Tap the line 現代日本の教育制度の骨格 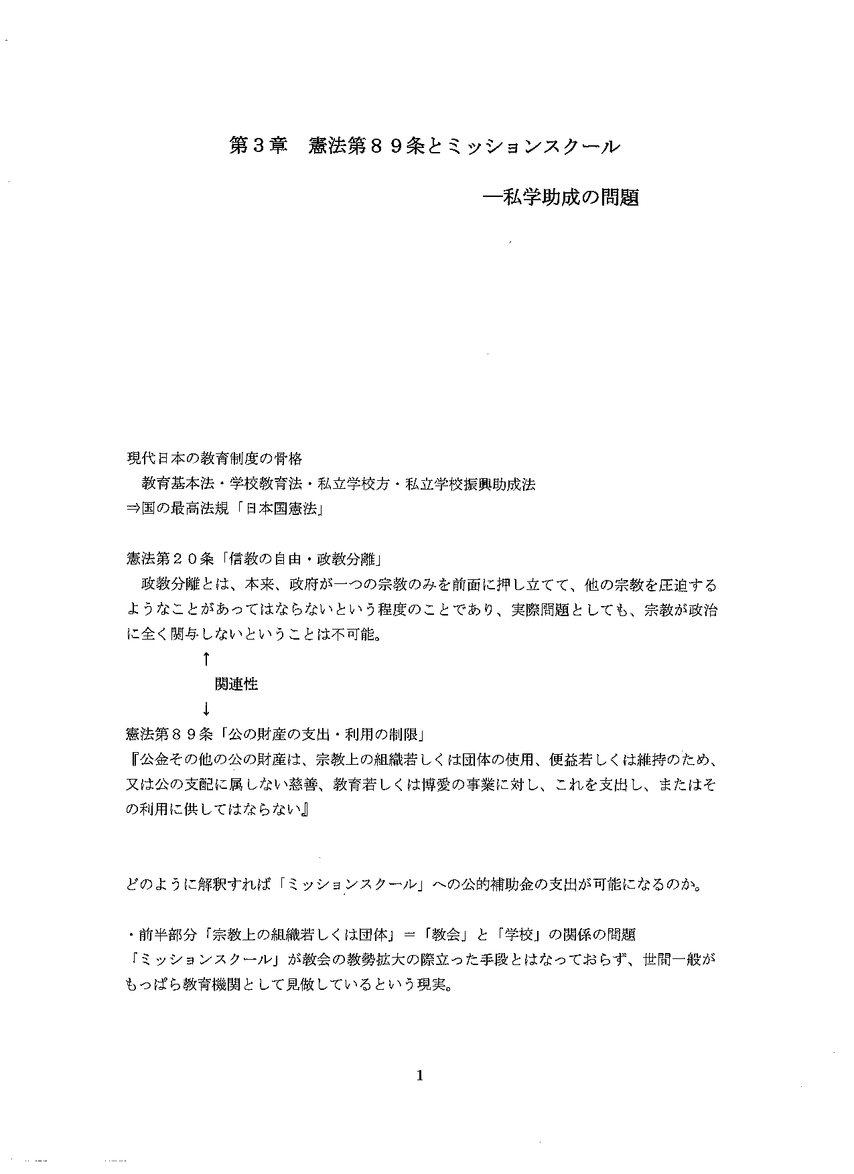[x=214, y=459]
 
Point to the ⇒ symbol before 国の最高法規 [x=133, y=509]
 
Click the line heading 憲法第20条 [x=169, y=559]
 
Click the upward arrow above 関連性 [x=206, y=659]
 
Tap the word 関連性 [x=236, y=684]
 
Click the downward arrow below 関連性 [x=206, y=709]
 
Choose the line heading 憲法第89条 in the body [x=169, y=734]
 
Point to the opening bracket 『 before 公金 [x=133, y=759]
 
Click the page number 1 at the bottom [x=420, y=1076]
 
